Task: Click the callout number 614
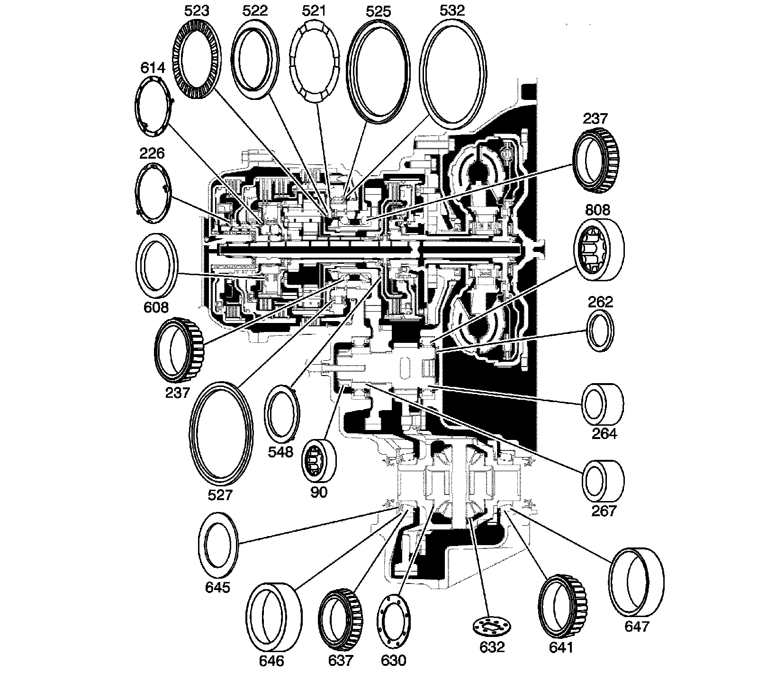click(x=153, y=68)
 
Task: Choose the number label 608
click(x=155, y=307)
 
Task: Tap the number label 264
click(x=604, y=433)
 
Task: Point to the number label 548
click(x=280, y=452)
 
